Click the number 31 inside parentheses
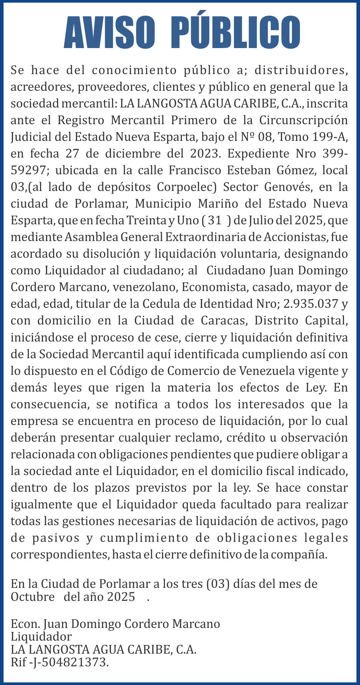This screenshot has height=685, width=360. click(215, 221)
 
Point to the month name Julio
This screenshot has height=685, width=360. click(268, 221)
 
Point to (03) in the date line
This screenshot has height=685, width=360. click(218, 584)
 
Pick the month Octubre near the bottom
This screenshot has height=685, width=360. click(33, 597)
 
